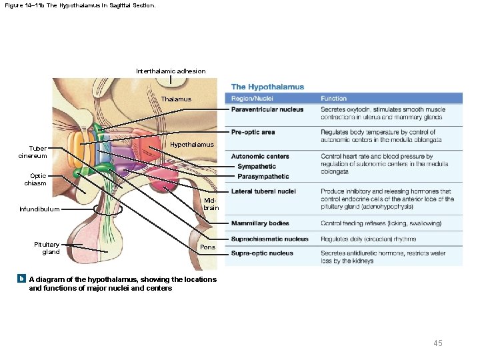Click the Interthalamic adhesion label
[171, 71]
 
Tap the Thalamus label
[176, 99]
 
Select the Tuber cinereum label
[33, 152]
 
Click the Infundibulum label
[39, 209]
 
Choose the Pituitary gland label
[47, 248]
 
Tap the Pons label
[207, 247]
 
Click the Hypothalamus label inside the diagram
[192, 145]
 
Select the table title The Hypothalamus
[267, 87]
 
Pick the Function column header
[333, 99]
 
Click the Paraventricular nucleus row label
[267, 109]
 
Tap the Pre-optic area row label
[253, 132]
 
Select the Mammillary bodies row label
[260, 223]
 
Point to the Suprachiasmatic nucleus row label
[269, 239]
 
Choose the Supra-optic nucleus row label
[262, 253]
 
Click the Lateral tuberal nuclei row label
[263, 191]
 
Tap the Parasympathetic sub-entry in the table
[263, 177]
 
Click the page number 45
[438, 343]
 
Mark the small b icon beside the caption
[22, 279]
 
